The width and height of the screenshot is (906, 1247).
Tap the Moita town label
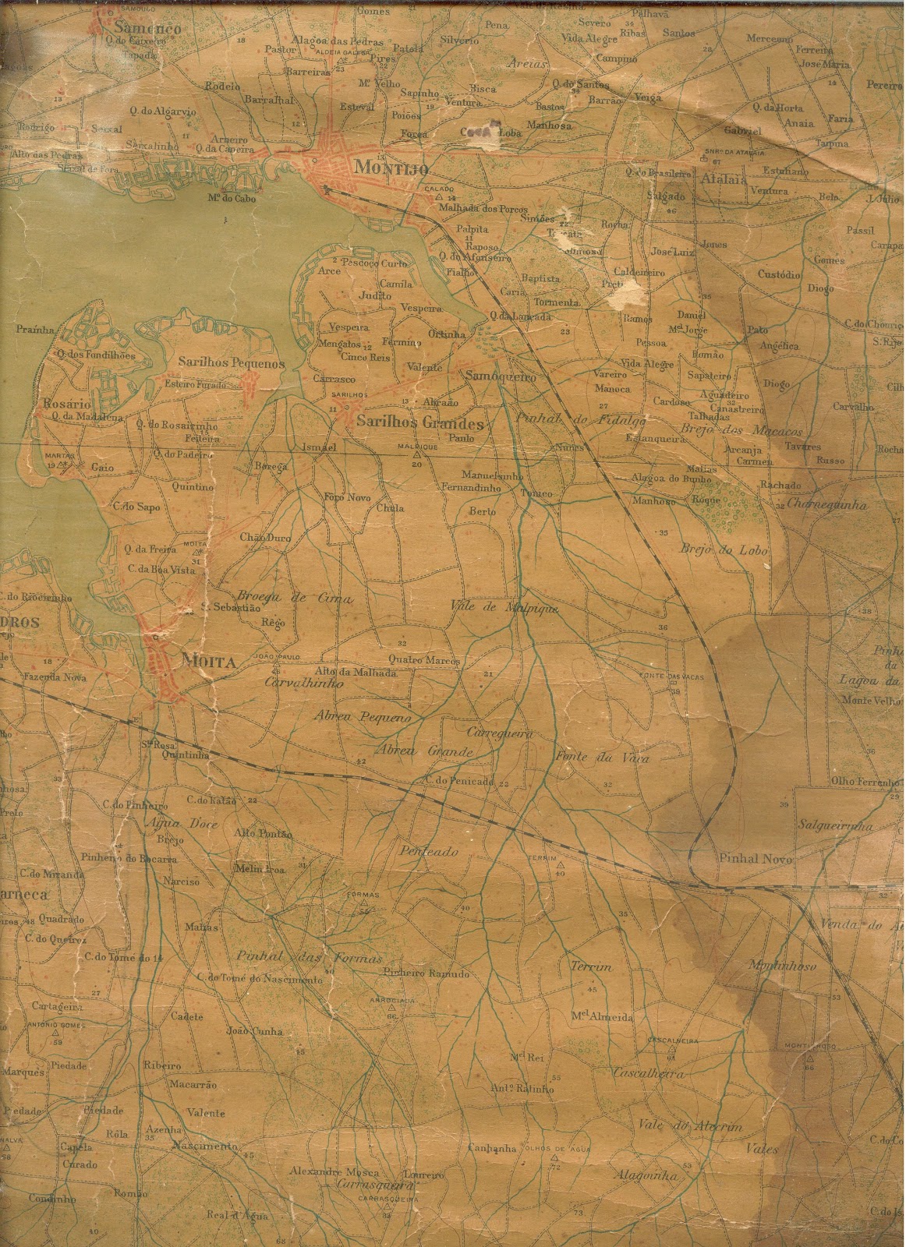198,662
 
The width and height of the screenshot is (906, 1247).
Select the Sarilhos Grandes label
419,423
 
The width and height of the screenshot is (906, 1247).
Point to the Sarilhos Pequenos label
220,363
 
